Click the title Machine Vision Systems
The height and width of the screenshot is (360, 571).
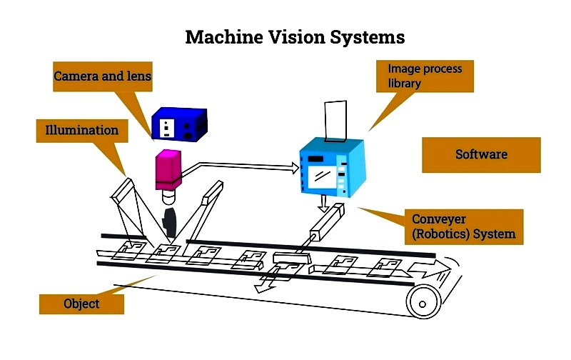tap(295, 37)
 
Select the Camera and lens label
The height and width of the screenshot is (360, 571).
tap(102, 76)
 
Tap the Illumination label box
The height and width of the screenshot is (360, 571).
tap(82, 131)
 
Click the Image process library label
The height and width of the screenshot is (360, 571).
tap(425, 76)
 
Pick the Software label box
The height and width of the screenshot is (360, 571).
tap(481, 154)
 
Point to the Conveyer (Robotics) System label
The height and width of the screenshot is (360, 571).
tap(463, 226)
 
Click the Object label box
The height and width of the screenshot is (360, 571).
tap(81, 304)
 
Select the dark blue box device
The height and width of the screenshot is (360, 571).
tap(180, 124)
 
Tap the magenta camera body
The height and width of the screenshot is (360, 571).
tap(168, 169)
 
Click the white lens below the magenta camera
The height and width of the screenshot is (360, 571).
tap(168, 196)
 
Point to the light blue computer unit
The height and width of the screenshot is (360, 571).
tap(332, 168)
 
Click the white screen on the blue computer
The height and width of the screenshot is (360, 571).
tap(323, 177)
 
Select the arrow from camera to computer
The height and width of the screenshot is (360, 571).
tap(241, 167)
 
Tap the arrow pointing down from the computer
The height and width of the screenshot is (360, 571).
tap(323, 204)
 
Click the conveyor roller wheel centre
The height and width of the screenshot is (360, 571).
tap(423, 304)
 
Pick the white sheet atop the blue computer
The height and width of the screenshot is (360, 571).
tap(335, 121)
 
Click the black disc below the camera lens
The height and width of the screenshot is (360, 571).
tap(170, 223)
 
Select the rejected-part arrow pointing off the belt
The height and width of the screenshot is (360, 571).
tap(267, 281)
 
